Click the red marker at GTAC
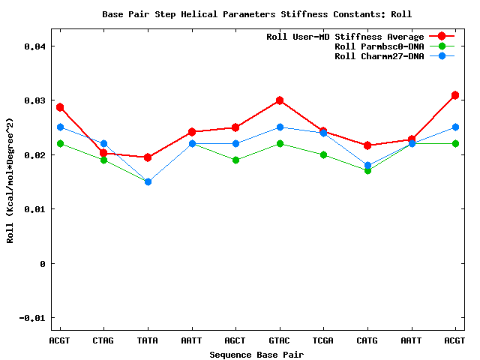coord(280,100)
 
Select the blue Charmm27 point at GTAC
coord(280,127)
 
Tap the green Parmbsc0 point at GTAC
coord(280,144)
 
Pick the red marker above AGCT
coord(235,127)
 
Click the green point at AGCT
coord(235,160)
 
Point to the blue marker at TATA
coord(148,181)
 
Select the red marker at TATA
coord(148,157)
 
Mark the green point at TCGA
coord(323,155)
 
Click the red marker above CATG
coord(367,145)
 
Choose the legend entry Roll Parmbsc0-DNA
coord(379,46)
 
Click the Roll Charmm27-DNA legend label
coord(379,56)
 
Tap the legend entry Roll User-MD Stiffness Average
coord(345,37)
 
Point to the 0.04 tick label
coord(34,46)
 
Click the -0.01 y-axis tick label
coord(32,318)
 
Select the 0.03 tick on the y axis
coord(34,100)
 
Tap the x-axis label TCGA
coord(323,340)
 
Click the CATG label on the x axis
coord(367,340)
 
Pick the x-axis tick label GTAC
coord(280,340)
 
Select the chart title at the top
coord(256,14)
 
